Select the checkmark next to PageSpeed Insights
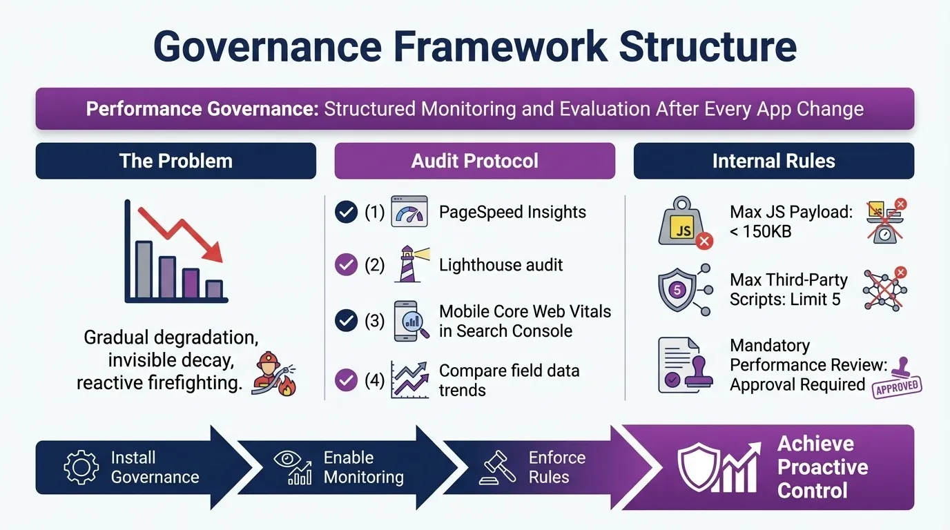click(346, 212)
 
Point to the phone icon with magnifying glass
click(409, 321)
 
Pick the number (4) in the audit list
click(374, 380)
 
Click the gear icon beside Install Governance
click(81, 467)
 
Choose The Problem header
click(175, 161)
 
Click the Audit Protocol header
click(475, 161)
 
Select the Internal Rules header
click(773, 161)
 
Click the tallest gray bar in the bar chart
click(144, 270)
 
